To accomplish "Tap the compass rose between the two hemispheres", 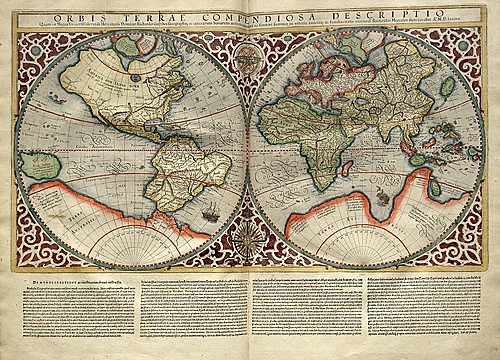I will (249, 244).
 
